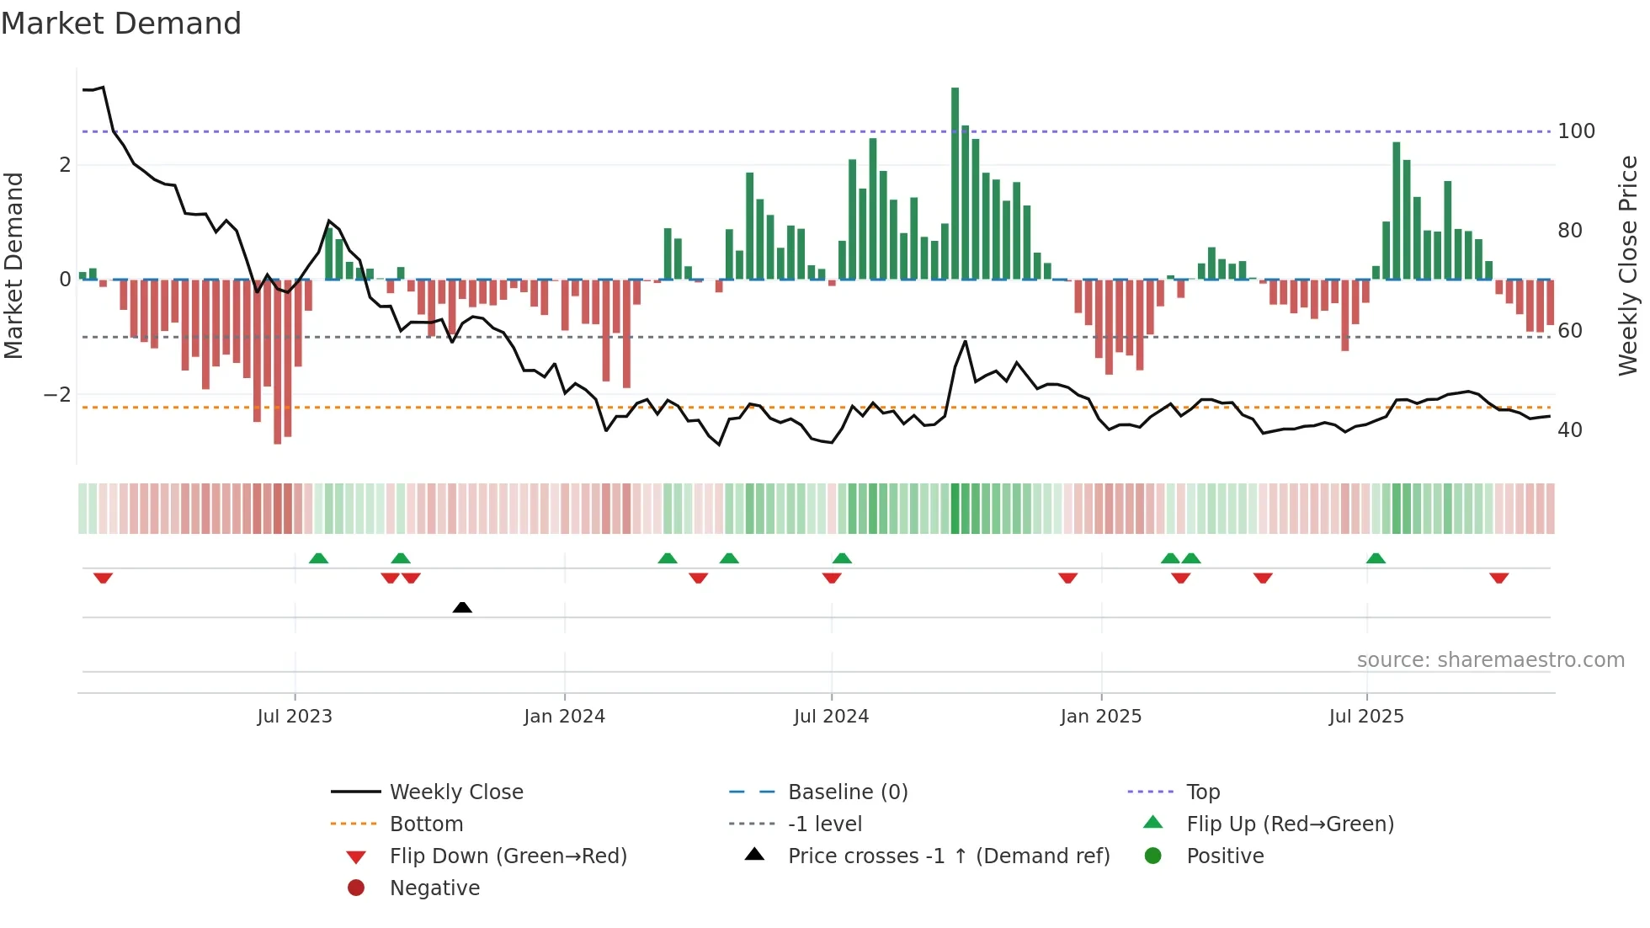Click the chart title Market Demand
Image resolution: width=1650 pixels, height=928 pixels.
pos(121,24)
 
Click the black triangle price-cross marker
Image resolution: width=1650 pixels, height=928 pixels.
pos(462,607)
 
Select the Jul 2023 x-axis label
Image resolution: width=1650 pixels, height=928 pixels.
pos(295,717)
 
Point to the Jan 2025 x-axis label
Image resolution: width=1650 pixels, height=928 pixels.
pos(1100,717)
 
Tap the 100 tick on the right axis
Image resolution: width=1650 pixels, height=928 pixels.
pos(1576,131)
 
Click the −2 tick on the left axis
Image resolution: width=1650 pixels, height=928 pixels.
pos(57,395)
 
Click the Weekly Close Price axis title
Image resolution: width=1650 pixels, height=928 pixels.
pos(1628,265)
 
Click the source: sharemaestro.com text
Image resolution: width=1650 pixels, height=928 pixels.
pos(1490,660)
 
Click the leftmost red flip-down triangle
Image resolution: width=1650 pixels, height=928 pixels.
pos(103,578)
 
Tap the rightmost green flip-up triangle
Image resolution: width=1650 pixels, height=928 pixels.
pos(1376,558)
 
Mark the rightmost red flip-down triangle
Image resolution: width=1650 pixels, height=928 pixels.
pos(1498,578)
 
